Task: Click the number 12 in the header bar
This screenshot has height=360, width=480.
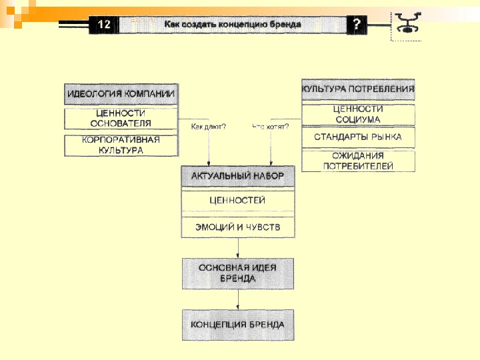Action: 104,25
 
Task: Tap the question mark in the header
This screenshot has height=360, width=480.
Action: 357,25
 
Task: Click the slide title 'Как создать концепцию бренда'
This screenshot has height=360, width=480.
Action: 233,25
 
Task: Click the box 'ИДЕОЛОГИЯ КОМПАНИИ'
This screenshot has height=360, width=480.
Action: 121,94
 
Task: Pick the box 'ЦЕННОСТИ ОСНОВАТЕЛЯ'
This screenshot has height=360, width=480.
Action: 121,119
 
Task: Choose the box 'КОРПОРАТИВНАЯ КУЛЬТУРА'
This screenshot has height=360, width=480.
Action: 121,145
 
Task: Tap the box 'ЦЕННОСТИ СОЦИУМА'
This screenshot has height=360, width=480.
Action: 358,114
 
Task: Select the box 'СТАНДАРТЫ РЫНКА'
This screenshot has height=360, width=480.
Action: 358,137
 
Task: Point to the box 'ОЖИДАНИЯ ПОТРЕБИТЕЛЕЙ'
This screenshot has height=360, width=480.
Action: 358,161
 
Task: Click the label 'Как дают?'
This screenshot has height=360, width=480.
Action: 208,126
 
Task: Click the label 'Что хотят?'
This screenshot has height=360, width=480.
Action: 270,126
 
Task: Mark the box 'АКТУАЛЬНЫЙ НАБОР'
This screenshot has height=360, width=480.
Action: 238,176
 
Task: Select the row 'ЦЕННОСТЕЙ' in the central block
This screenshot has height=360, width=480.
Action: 238,200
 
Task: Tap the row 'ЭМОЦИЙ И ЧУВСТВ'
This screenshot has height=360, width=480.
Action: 238,227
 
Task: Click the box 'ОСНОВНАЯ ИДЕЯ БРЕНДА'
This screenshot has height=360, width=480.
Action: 238,273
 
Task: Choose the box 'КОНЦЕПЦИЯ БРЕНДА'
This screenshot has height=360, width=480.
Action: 238,325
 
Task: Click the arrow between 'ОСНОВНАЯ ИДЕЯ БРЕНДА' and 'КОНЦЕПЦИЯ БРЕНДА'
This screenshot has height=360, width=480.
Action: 238,299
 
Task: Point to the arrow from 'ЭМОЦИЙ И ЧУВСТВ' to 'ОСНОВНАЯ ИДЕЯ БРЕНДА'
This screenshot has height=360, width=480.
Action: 238,247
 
